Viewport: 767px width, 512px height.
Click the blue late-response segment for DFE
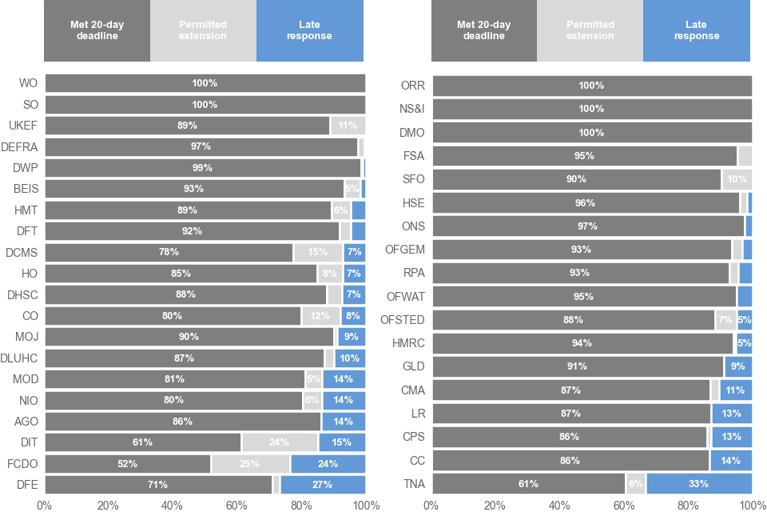tap(323, 485)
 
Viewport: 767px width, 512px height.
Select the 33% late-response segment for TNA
tap(699, 484)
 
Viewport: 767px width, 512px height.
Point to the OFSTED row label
tap(403, 320)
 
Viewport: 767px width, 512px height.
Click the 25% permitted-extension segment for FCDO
tap(250, 464)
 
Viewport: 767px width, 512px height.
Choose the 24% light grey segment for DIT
tap(280, 442)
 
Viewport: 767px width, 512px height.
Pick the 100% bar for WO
tap(205, 83)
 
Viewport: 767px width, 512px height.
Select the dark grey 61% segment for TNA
tap(528, 484)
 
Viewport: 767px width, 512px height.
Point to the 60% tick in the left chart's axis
tap(236, 505)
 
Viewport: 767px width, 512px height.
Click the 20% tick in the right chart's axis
tap(495, 505)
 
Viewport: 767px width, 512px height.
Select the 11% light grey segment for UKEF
tap(348, 126)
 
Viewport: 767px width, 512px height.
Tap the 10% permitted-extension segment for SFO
tap(737, 179)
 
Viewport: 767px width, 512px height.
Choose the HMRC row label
tap(408, 343)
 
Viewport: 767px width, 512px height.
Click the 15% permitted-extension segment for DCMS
tap(318, 252)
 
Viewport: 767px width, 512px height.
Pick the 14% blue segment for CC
tap(731, 461)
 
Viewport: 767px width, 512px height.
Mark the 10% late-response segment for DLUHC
tap(350, 358)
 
